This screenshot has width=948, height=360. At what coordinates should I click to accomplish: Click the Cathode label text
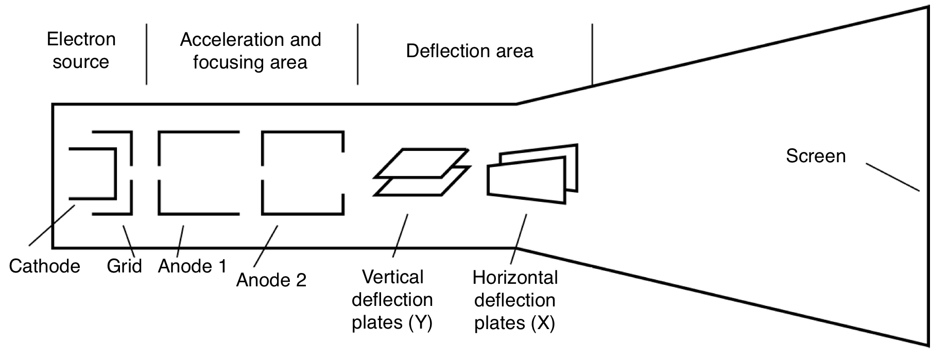45,266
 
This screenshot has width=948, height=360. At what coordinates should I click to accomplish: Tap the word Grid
124,266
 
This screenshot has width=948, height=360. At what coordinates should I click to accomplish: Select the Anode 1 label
192,266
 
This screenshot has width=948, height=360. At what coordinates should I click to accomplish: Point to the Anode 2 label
271,280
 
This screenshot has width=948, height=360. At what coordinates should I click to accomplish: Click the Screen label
816,156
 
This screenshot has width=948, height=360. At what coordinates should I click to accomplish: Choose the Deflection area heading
470,51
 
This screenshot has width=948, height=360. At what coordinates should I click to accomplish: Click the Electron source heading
81,50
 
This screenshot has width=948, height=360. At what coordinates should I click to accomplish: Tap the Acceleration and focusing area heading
250,50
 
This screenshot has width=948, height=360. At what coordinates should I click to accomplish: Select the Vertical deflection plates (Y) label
392,300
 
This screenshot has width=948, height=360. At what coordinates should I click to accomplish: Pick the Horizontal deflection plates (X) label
515,300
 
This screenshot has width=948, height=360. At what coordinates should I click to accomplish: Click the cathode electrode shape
115,174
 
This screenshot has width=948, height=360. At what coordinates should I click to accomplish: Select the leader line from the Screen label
892,177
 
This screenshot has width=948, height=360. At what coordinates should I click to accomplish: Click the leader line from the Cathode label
52,226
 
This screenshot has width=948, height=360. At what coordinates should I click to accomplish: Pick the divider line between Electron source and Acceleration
147,54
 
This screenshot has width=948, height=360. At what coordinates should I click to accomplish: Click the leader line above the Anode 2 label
266,246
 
